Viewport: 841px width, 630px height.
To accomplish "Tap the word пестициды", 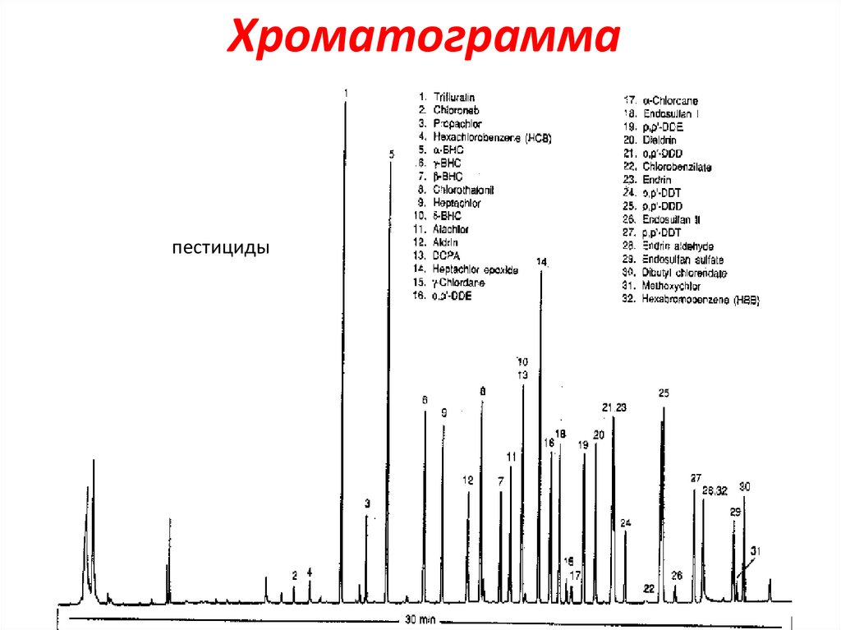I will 221,247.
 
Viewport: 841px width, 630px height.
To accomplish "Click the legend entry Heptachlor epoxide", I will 476,269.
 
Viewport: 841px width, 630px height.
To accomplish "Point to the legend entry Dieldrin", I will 659,140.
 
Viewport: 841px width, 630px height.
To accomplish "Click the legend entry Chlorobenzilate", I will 678,167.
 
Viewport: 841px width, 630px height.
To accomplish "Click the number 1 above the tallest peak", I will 346,93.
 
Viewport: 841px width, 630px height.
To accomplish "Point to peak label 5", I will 392,154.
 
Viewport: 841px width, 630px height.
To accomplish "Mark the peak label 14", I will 541,261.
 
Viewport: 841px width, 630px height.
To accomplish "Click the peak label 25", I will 664,393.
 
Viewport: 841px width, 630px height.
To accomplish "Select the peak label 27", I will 696,478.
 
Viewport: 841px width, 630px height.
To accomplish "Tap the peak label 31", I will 756,551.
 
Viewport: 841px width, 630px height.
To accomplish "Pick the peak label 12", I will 468,481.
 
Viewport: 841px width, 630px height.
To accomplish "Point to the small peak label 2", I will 294,575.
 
